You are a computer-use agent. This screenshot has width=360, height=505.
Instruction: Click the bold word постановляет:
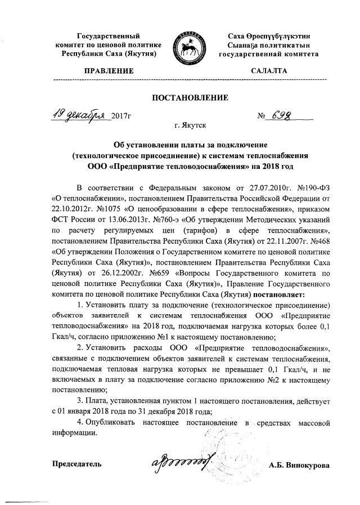click(278, 294)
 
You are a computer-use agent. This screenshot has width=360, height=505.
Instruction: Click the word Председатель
click(77, 464)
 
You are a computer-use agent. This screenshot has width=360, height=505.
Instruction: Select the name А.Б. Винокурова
click(299, 465)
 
